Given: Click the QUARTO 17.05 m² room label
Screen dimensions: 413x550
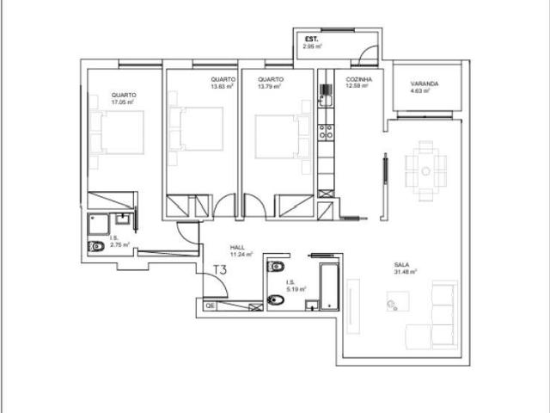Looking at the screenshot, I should point(124,98).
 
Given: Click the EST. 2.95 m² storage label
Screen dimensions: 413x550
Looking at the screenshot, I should point(311,43).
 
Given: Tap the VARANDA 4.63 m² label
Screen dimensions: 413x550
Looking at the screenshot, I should point(425,87).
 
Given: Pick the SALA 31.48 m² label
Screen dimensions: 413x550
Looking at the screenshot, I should point(404,268).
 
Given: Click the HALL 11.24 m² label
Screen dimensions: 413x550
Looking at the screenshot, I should point(241,251).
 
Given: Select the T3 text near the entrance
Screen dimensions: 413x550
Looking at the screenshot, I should point(220,269).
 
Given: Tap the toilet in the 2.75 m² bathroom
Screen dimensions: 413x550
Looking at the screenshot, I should point(95,246).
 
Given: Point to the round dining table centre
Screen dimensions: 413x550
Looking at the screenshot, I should point(425,170).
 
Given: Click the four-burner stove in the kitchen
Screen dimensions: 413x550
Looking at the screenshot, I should point(326,132).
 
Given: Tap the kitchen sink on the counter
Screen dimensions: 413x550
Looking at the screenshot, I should point(326,90).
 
